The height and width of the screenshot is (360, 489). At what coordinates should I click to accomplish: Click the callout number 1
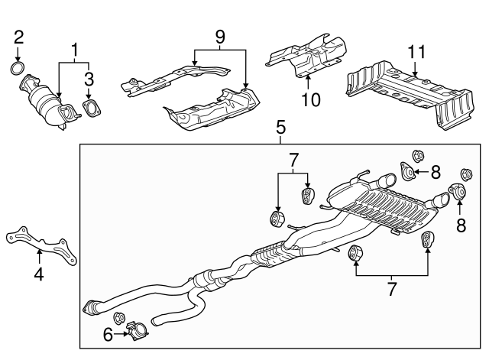75,50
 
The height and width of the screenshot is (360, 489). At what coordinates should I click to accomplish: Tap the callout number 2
19,36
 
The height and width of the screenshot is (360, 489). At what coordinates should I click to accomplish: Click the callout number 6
107,334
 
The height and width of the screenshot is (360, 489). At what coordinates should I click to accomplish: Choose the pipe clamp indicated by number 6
135,332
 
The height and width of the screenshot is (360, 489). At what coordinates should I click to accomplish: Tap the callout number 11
415,53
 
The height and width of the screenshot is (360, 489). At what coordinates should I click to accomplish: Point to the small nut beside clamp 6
119,317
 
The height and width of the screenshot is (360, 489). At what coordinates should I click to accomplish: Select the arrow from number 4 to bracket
39,255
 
